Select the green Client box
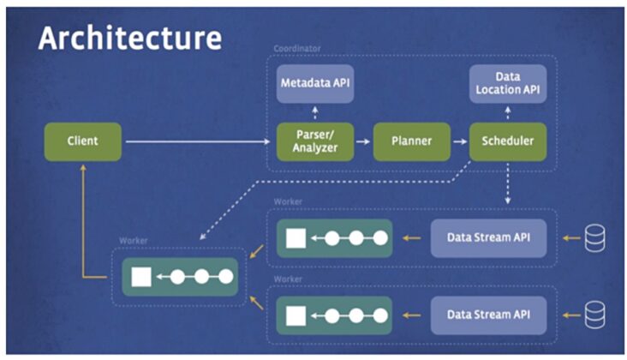tap(83, 141)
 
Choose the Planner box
tap(411, 141)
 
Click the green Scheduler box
tap(508, 141)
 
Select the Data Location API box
tap(508, 83)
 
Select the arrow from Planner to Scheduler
tap(460, 141)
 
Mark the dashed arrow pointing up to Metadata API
tap(315, 111)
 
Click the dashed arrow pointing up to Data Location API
tap(508, 111)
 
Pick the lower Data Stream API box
tap(487, 315)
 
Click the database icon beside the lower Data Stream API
tap(594, 315)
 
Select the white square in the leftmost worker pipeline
tap(141, 277)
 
